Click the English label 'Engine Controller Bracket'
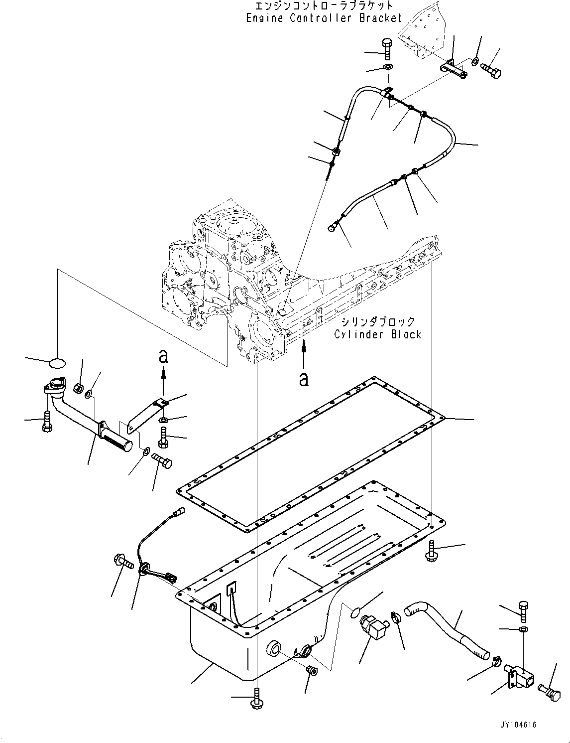[324, 18]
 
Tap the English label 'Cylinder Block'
[377, 334]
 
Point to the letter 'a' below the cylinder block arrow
[303, 380]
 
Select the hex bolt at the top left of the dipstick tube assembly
[388, 49]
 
